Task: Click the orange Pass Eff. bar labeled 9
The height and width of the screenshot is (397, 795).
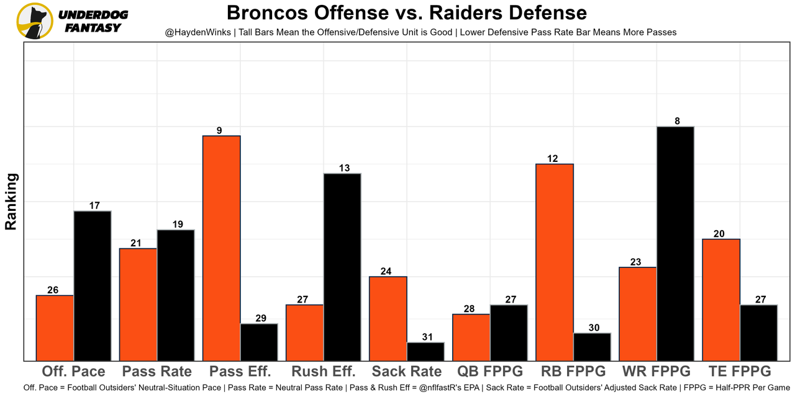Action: [222, 248]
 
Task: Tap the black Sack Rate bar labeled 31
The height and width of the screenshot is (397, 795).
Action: [425, 352]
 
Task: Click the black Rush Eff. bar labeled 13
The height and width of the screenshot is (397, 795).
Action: [342, 267]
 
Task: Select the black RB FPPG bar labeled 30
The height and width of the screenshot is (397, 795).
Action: [592, 347]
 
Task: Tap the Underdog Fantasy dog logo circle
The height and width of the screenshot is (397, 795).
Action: [35, 20]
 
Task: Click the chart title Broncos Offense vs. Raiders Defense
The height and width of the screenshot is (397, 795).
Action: [406, 13]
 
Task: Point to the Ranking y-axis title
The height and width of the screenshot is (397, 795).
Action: [11, 202]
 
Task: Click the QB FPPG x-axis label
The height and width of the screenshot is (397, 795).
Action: [490, 372]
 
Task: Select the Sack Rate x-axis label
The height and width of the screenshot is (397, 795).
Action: [407, 372]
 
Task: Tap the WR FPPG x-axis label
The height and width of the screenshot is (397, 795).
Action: [656, 372]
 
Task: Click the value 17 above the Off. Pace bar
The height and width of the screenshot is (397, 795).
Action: [94, 205]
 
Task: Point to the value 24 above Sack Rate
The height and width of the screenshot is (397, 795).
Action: [386, 271]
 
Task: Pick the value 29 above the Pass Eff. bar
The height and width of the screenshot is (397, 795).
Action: [261, 318]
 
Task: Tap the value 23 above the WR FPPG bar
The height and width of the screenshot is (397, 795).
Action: [635, 262]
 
